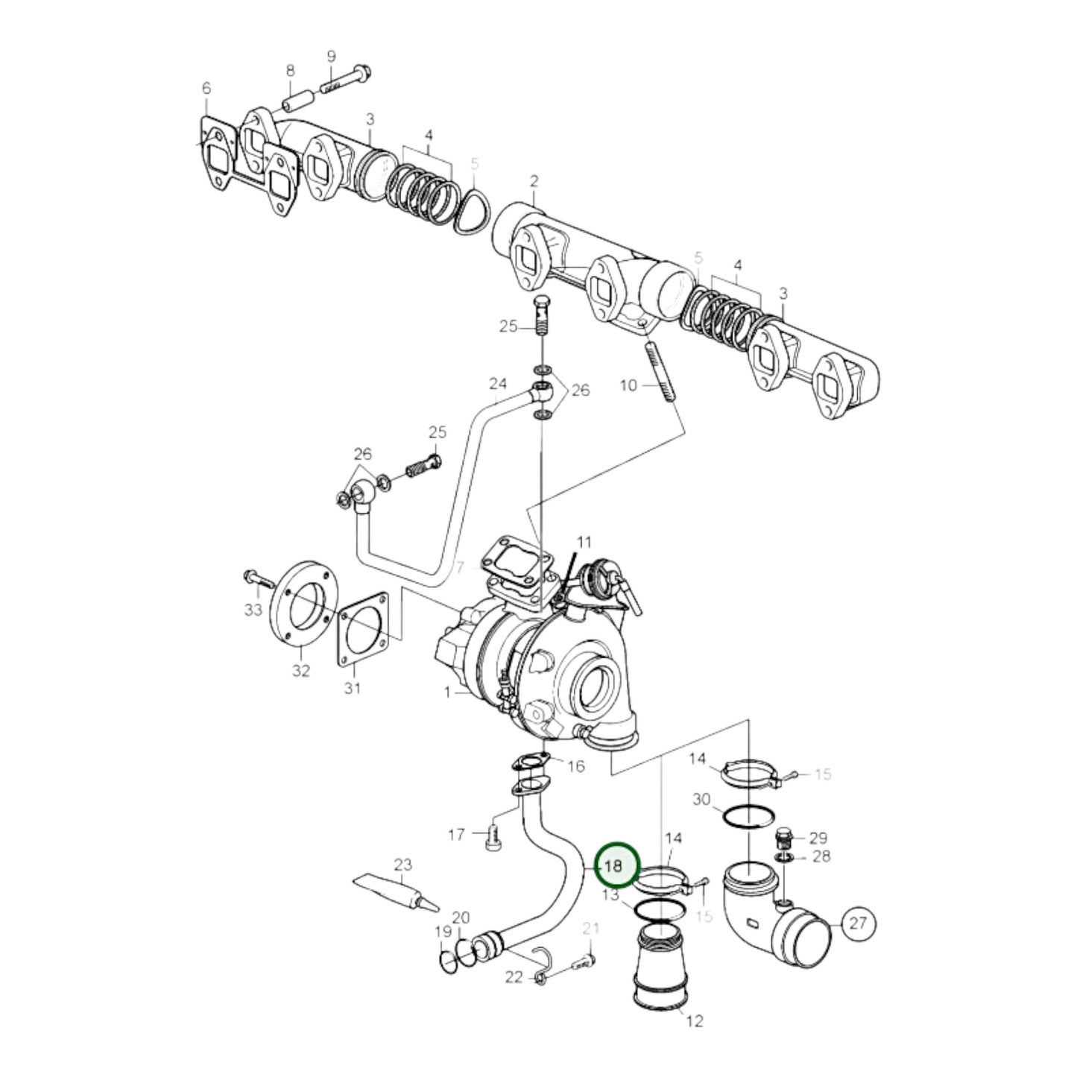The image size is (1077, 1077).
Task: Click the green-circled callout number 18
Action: (x=616, y=866)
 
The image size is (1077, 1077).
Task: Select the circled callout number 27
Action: (x=857, y=923)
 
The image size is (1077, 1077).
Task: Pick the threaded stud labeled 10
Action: (x=660, y=370)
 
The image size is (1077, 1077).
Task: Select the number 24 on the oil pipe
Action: (x=497, y=384)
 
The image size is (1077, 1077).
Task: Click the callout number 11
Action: (x=584, y=541)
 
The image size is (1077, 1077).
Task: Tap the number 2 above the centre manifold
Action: (x=534, y=181)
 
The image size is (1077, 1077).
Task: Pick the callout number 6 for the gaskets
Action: (x=206, y=88)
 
